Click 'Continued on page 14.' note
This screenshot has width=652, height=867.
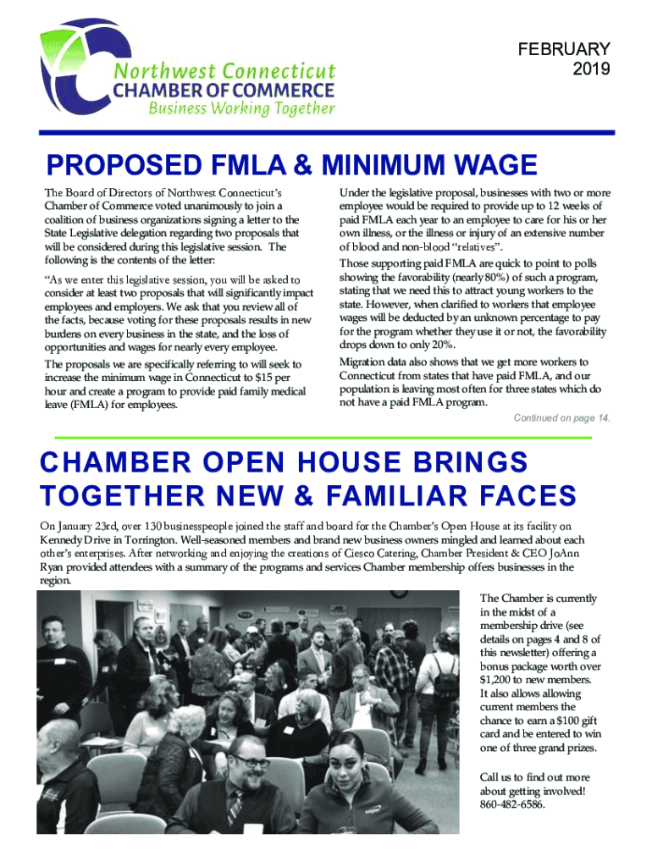tap(562, 418)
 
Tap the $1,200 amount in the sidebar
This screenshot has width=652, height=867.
tap(497, 679)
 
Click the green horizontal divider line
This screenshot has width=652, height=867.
tap(322, 437)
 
